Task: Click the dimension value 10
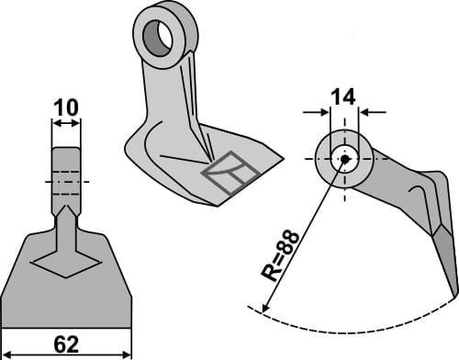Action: point(64,108)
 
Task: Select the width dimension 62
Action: point(66,346)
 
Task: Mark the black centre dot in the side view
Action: point(344,159)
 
